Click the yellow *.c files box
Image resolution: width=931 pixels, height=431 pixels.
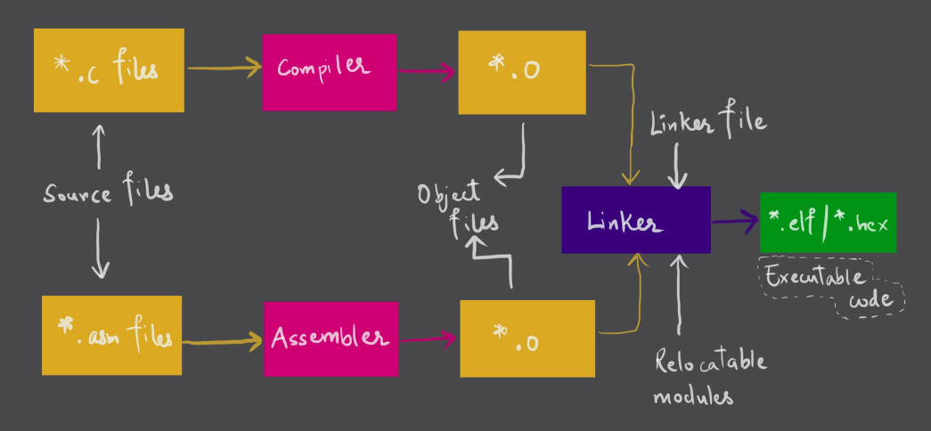pyautogui.click(x=109, y=70)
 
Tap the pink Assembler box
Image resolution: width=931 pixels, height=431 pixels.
pyautogui.click(x=331, y=338)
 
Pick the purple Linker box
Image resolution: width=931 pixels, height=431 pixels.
pyautogui.click(x=635, y=220)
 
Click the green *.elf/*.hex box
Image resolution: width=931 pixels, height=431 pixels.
pyautogui.click(x=828, y=222)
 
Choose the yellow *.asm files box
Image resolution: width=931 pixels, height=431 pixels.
pyautogui.click(x=111, y=335)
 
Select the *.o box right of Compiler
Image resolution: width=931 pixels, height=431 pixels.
pyautogui.click(x=522, y=72)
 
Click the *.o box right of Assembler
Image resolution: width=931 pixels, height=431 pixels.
pyautogui.click(x=527, y=338)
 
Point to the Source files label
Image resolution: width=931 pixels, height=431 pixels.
pyautogui.click(x=108, y=192)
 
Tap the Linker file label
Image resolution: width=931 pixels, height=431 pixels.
pyautogui.click(x=708, y=123)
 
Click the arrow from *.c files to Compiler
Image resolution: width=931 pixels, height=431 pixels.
pyautogui.click(x=223, y=67)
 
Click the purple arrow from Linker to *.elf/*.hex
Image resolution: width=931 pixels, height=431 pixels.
pyautogui.click(x=734, y=222)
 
